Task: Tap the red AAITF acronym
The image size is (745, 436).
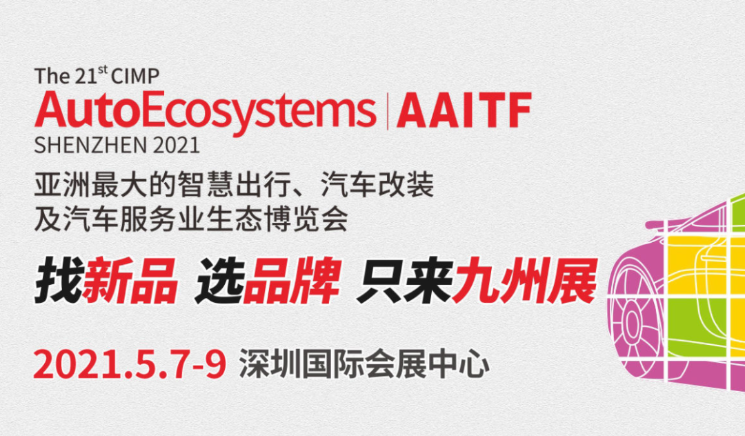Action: click(464, 111)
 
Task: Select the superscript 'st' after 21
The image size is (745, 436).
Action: click(103, 70)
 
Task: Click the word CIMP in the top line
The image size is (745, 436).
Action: click(135, 76)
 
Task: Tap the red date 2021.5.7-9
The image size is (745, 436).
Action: click(130, 364)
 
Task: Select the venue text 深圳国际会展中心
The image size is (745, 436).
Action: click(364, 365)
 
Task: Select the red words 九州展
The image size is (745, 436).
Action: click(524, 280)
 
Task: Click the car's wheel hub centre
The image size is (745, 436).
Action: click(631, 323)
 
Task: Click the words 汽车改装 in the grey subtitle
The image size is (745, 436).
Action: click(377, 185)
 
